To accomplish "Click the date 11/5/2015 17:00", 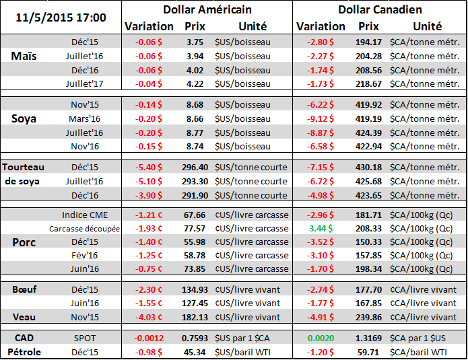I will [x=61, y=15].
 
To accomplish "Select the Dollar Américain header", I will [x=207, y=9].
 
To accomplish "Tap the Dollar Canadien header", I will [x=380, y=9].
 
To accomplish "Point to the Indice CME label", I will [x=83, y=215].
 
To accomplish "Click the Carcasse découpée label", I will [x=84, y=229].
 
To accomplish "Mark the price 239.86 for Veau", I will [x=368, y=317].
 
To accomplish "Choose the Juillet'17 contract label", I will [x=84, y=83].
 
